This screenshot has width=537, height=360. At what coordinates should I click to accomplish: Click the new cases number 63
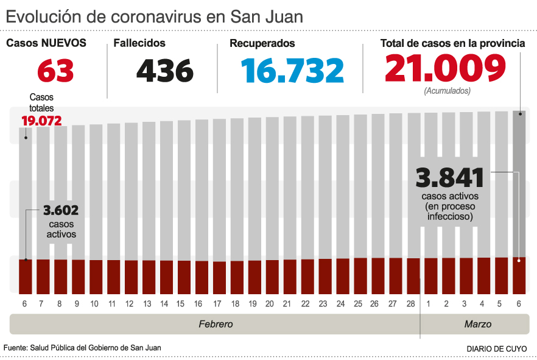[x=55, y=71]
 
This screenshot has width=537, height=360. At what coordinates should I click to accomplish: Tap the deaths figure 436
[x=165, y=71]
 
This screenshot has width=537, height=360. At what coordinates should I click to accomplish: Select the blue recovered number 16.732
[x=292, y=71]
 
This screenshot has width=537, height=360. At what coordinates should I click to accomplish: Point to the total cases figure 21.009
[x=445, y=68]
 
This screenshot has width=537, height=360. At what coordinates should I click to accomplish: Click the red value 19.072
[x=41, y=121]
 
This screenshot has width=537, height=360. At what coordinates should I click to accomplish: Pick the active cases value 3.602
[x=60, y=211]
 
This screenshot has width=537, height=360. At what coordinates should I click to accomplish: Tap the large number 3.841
[x=450, y=178]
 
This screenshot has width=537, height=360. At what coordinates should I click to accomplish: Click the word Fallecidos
[x=139, y=43]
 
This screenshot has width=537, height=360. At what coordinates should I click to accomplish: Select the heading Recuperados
[x=262, y=43]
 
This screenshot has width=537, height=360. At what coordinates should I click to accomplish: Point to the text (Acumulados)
[x=446, y=91]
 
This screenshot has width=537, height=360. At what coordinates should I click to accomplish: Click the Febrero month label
[x=216, y=324]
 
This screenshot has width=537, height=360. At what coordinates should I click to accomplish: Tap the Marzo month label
[x=477, y=324]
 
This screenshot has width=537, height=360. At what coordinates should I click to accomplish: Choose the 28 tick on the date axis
[x=410, y=303]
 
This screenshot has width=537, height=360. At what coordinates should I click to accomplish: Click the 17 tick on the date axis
[x=217, y=303]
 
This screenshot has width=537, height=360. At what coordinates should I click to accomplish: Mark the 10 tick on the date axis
[x=95, y=303]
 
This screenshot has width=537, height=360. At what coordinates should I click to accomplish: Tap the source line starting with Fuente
[x=82, y=347]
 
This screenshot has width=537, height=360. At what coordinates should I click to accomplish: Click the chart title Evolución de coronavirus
[x=155, y=16]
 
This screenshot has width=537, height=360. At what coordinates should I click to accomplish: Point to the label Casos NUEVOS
[x=46, y=43]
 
